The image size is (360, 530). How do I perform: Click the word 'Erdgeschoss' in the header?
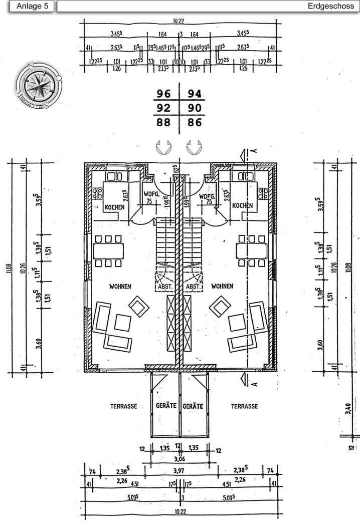tap(331, 7)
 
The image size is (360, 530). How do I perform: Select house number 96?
tap(164, 94)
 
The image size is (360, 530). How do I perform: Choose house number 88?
tap(164, 122)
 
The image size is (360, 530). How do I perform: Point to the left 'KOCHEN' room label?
tap(114, 207)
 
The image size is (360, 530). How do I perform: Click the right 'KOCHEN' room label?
tap(243, 205)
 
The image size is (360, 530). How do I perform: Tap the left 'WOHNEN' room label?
tap(120, 287)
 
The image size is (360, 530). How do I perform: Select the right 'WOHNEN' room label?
tap(222, 287)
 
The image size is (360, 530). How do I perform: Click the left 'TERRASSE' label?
tap(124, 406)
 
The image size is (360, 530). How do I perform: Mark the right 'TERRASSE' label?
tap(244, 406)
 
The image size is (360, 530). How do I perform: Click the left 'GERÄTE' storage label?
tap(166, 406)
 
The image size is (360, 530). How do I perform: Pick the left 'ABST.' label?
tap(165, 287)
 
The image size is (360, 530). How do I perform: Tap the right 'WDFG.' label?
tap(207, 197)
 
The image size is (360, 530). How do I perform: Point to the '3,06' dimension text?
tap(178, 458)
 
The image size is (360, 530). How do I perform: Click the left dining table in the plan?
tap(108, 250)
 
